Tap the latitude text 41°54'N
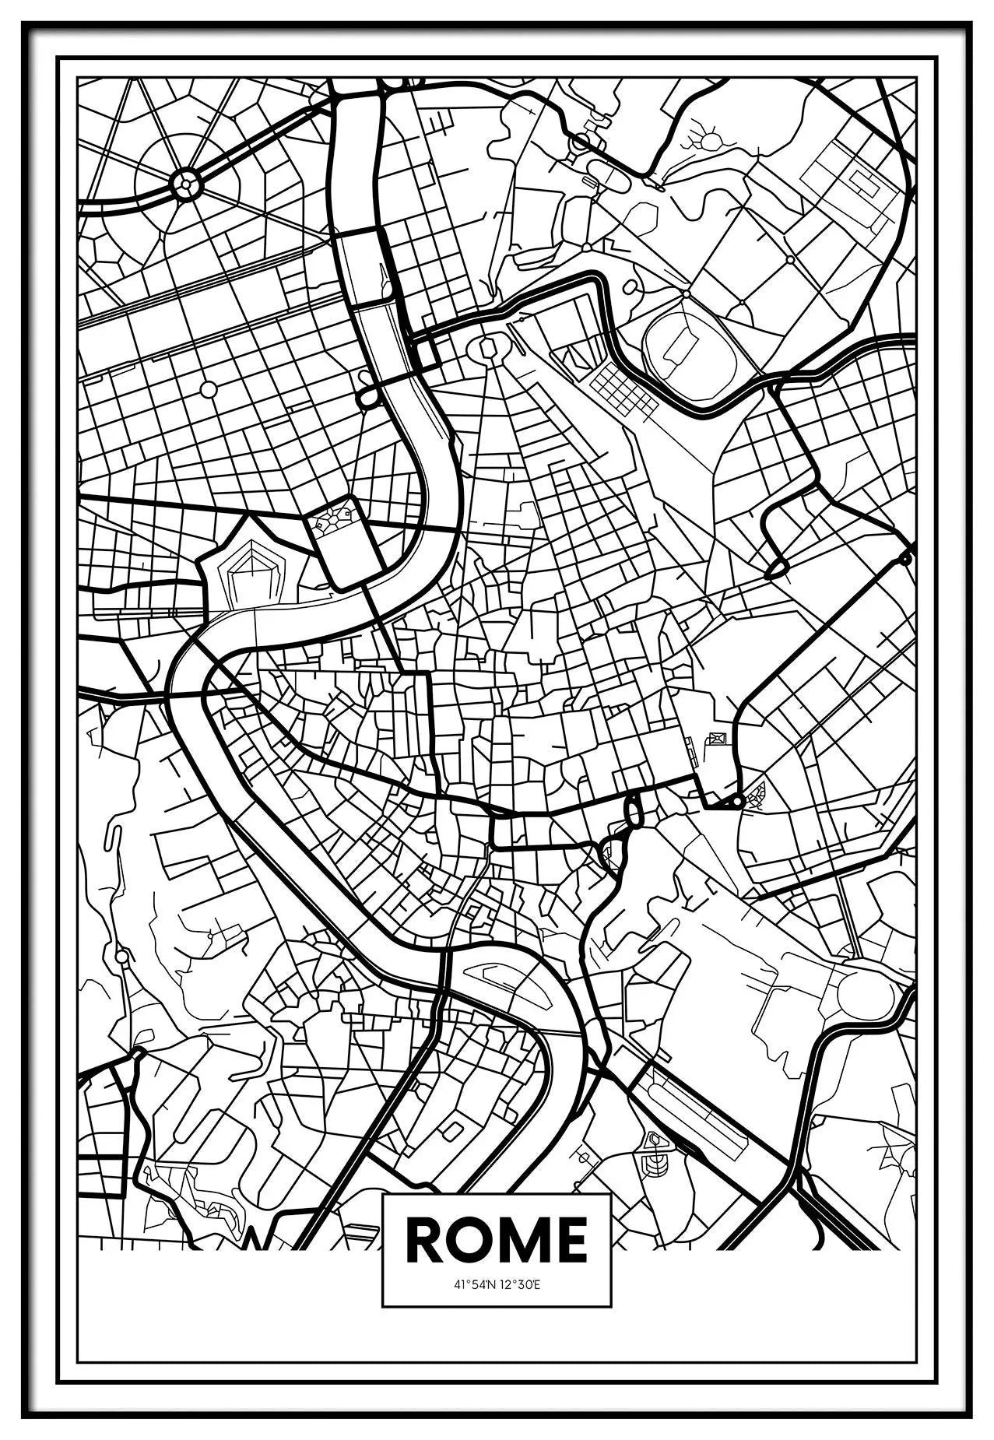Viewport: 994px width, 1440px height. [x=474, y=1284]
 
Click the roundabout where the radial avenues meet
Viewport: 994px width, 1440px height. [x=186, y=185]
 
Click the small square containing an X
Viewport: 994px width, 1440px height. [x=717, y=738]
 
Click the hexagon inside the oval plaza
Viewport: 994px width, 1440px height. [x=489, y=347]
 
